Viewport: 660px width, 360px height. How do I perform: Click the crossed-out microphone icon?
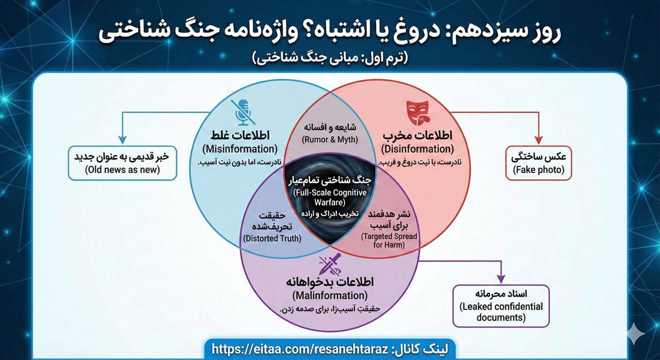242,112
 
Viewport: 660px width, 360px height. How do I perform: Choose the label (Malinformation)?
330,296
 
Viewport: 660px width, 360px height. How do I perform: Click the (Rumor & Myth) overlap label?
330,139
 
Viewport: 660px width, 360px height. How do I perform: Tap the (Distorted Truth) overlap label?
272,238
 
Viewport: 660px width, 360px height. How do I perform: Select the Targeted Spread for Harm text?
389,240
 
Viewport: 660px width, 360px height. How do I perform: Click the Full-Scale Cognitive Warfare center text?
330,197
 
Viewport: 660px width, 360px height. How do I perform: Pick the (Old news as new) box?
122,163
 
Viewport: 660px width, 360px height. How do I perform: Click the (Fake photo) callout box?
538,163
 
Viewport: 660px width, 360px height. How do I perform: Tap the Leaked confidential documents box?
501,306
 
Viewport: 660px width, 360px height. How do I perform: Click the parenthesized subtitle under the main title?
330,58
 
